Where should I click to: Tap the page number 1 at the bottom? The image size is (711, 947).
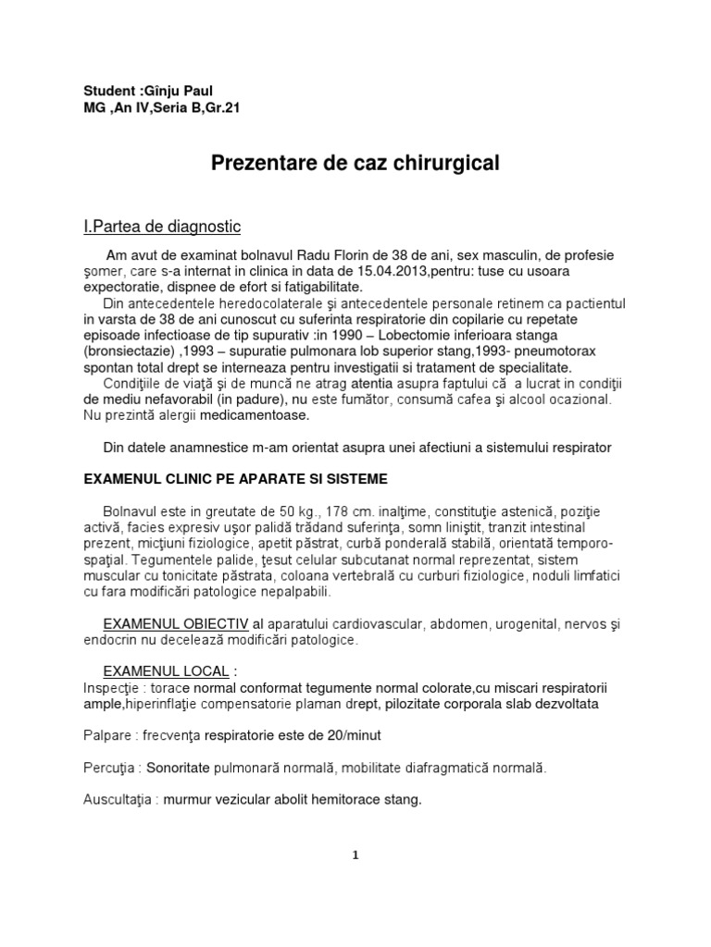point(355,855)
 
